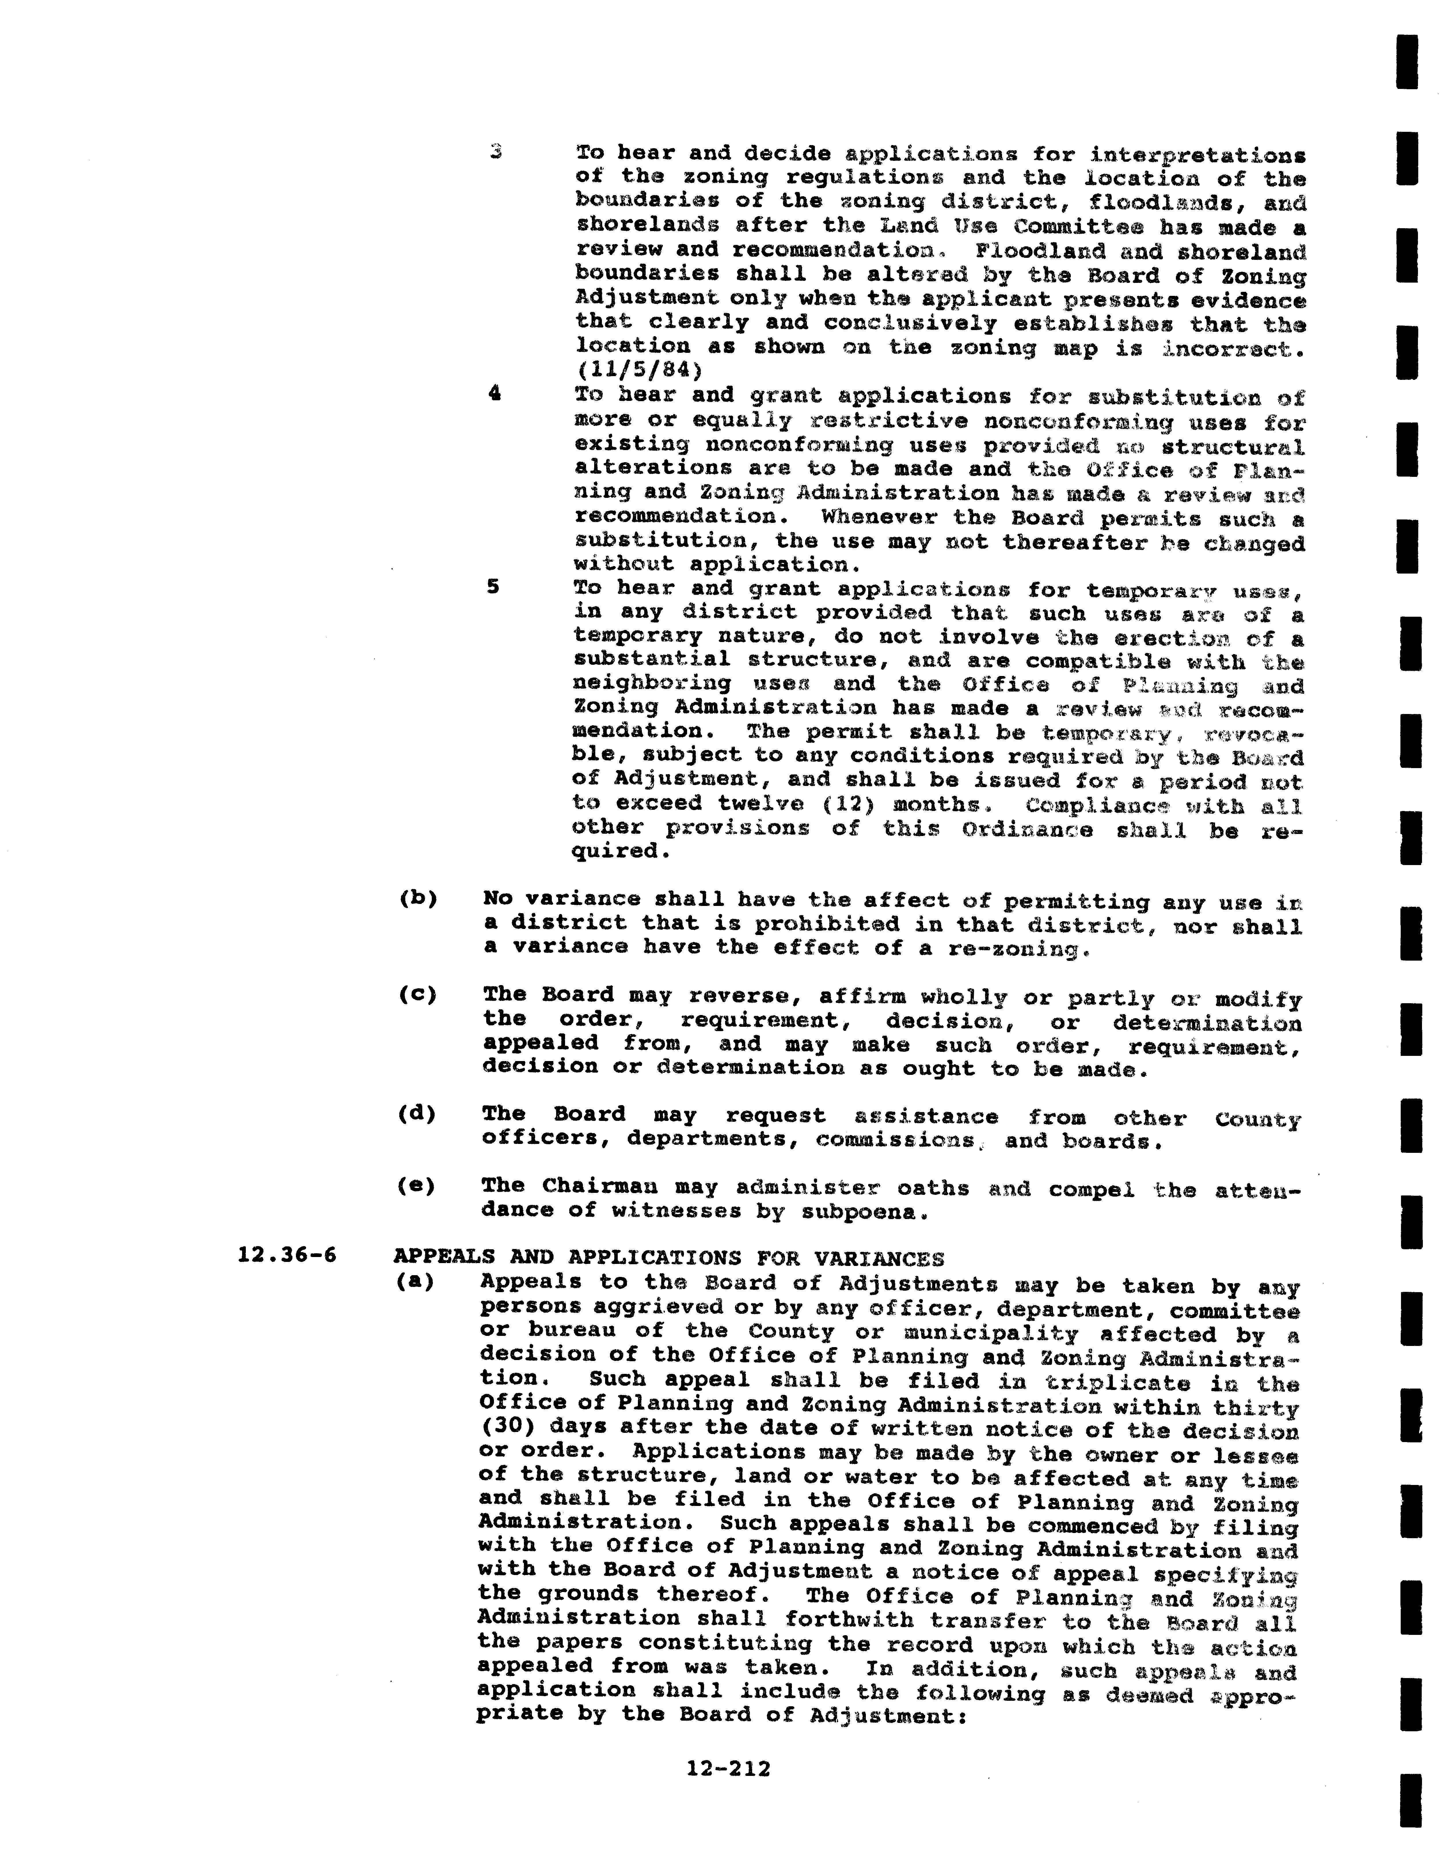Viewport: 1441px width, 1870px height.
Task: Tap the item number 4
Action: pos(494,394)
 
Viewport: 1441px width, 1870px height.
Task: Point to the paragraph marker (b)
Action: pos(418,899)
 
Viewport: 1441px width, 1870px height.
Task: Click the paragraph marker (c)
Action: pos(418,995)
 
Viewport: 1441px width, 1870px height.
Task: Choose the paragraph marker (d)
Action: pos(418,1114)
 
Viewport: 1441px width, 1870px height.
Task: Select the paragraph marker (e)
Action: pos(417,1186)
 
